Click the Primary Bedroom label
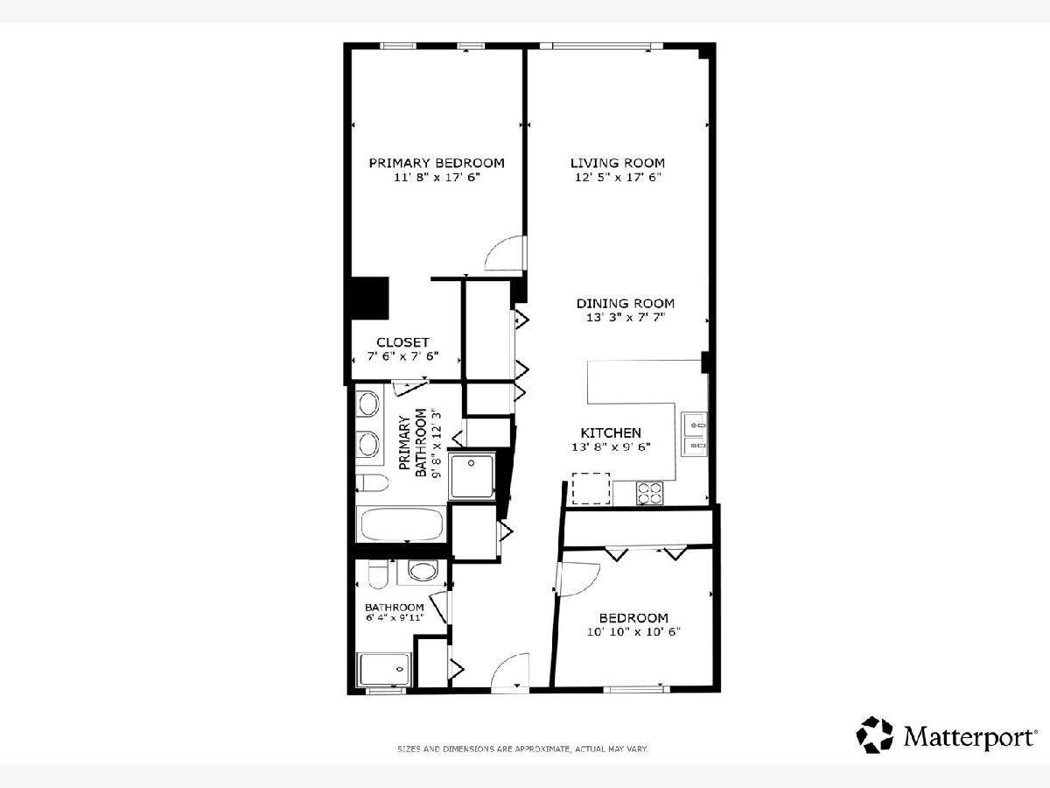click(437, 163)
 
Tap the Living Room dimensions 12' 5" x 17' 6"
click(618, 178)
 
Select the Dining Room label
click(626, 303)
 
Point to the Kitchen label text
click(611, 433)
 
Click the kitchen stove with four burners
click(649, 493)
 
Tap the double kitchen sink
click(694, 434)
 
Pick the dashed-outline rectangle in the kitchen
click(591, 489)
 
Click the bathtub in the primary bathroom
click(402, 524)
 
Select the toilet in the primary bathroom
click(372, 483)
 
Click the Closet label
click(402, 342)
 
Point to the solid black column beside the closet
click(369, 298)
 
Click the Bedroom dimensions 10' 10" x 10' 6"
click(633, 632)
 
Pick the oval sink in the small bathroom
click(423, 572)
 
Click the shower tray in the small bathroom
click(385, 670)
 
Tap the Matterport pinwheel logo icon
click(874, 735)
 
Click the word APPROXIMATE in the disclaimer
click(542, 749)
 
